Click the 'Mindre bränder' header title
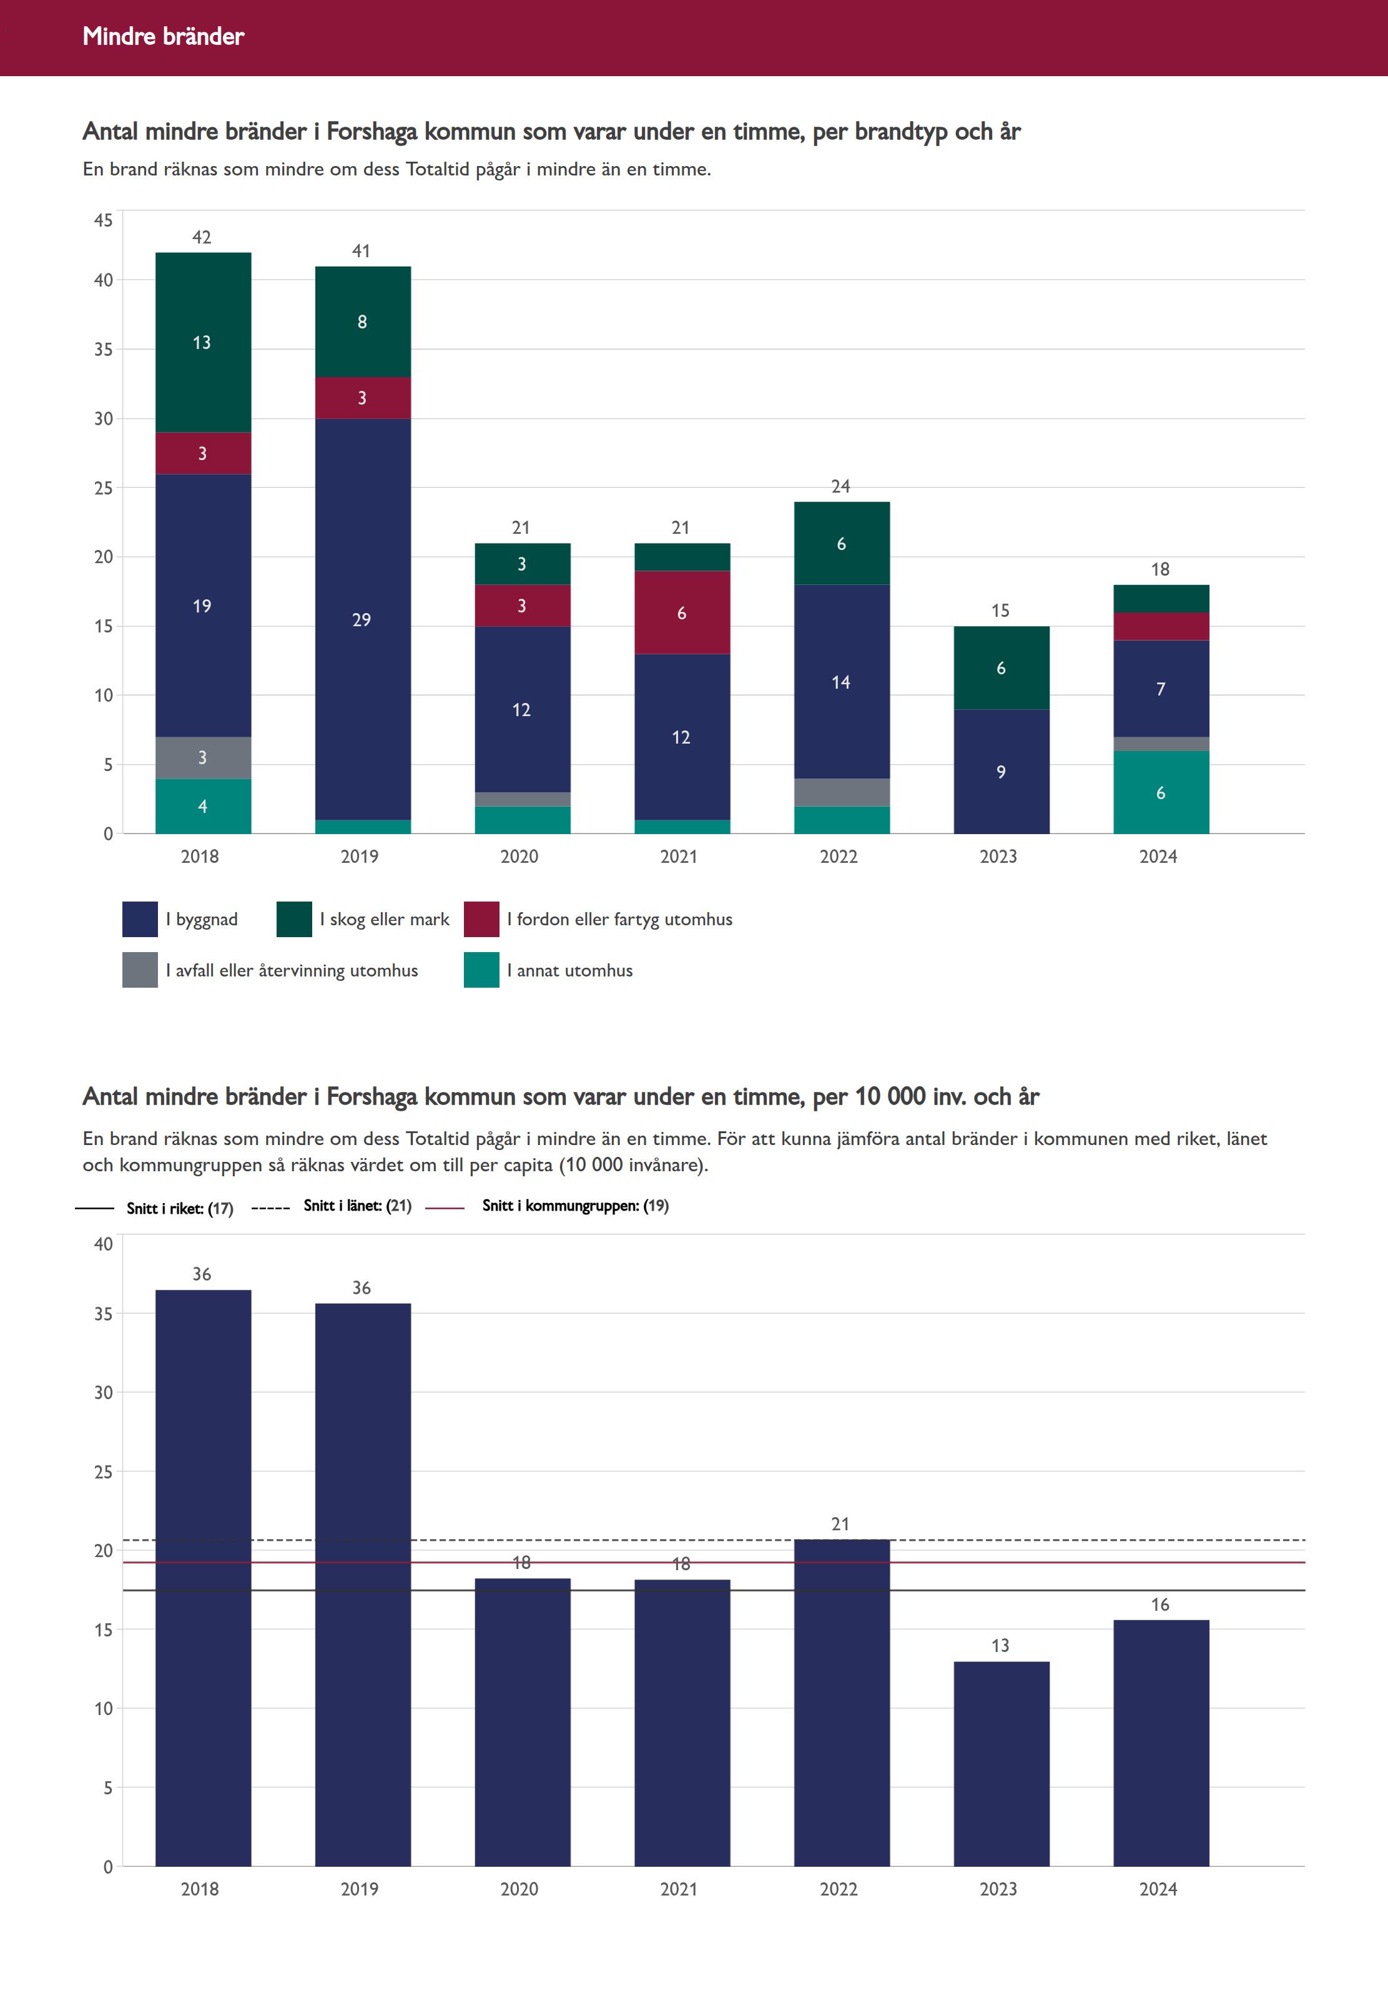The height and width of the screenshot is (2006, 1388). point(164,36)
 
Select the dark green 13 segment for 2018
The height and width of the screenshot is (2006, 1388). point(203,343)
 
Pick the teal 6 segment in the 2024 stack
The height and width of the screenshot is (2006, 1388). point(1161,792)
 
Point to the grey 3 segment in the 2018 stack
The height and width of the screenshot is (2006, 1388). point(203,757)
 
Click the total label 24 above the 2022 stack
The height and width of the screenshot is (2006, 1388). point(840,486)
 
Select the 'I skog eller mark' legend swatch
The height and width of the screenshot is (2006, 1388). point(294,919)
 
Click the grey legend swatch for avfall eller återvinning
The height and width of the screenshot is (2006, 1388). point(140,970)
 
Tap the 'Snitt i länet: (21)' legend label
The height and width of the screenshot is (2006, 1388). point(357,1205)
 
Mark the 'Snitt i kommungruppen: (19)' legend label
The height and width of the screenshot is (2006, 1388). point(575,1205)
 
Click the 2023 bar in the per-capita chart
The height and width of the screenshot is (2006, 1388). point(1001,1765)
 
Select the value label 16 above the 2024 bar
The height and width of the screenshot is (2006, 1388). point(1160,1605)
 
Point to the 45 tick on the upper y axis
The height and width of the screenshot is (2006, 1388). point(104,220)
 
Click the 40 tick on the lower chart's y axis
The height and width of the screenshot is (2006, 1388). point(104,1244)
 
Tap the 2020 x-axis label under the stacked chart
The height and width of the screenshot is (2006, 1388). point(519,857)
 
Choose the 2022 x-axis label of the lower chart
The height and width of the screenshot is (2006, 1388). point(839,1889)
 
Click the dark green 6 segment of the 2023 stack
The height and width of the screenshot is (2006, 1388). point(1001,668)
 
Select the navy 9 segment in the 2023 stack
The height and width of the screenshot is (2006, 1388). point(1001,771)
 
